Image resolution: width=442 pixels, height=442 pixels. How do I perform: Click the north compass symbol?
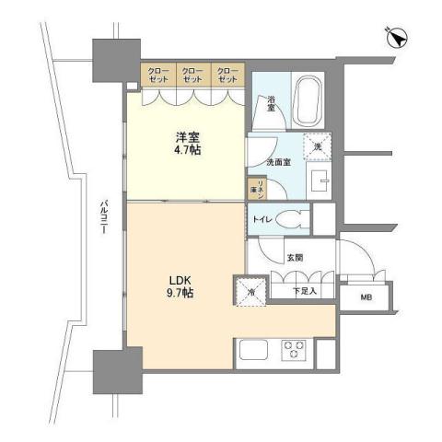tap(397, 38)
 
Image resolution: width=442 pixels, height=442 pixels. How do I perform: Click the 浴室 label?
tap(273, 102)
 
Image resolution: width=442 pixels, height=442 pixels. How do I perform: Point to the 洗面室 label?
tap(281, 162)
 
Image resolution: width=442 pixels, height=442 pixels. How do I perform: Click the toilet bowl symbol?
tap(293, 219)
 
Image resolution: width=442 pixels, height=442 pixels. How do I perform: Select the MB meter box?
tap(366, 297)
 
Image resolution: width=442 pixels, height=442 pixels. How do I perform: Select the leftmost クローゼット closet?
tap(158, 75)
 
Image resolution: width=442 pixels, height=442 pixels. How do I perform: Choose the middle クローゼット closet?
tap(192, 75)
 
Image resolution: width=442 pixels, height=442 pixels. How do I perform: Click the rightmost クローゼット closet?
tap(227, 75)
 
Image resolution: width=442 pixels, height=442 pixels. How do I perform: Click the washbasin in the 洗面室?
tap(320, 180)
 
